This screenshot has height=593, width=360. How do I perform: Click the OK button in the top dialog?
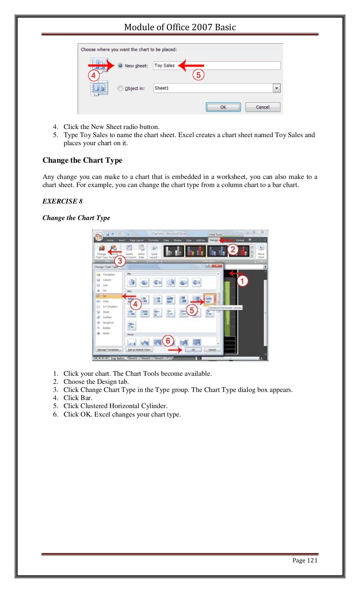tap(223, 107)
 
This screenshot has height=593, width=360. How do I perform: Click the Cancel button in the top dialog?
tap(263, 107)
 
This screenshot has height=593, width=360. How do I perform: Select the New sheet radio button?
tap(121, 66)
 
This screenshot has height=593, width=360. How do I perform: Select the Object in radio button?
tap(121, 88)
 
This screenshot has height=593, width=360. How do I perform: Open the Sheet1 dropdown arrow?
tap(277, 88)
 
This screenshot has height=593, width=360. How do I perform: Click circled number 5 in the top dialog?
tap(198, 75)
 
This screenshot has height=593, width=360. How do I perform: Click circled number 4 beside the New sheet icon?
tap(94, 75)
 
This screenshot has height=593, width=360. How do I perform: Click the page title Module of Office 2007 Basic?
tap(180, 27)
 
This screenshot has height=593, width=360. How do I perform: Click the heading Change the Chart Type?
tap(82, 160)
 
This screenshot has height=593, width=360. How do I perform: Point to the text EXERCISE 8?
tap(62, 201)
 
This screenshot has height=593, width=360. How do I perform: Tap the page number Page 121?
tap(305, 560)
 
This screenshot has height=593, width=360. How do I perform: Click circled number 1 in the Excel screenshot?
tap(242, 281)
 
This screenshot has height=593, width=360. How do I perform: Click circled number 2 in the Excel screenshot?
tap(233, 250)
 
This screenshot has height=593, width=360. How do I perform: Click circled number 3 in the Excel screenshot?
tap(120, 261)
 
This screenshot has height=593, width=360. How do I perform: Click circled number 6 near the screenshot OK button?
tap(168, 341)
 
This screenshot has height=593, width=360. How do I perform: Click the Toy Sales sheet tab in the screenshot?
tap(117, 358)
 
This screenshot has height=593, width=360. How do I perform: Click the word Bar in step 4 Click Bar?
tap(86, 398)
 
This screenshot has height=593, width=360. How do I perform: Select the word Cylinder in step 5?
tap(154, 406)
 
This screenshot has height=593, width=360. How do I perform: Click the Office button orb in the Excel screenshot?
tap(99, 236)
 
